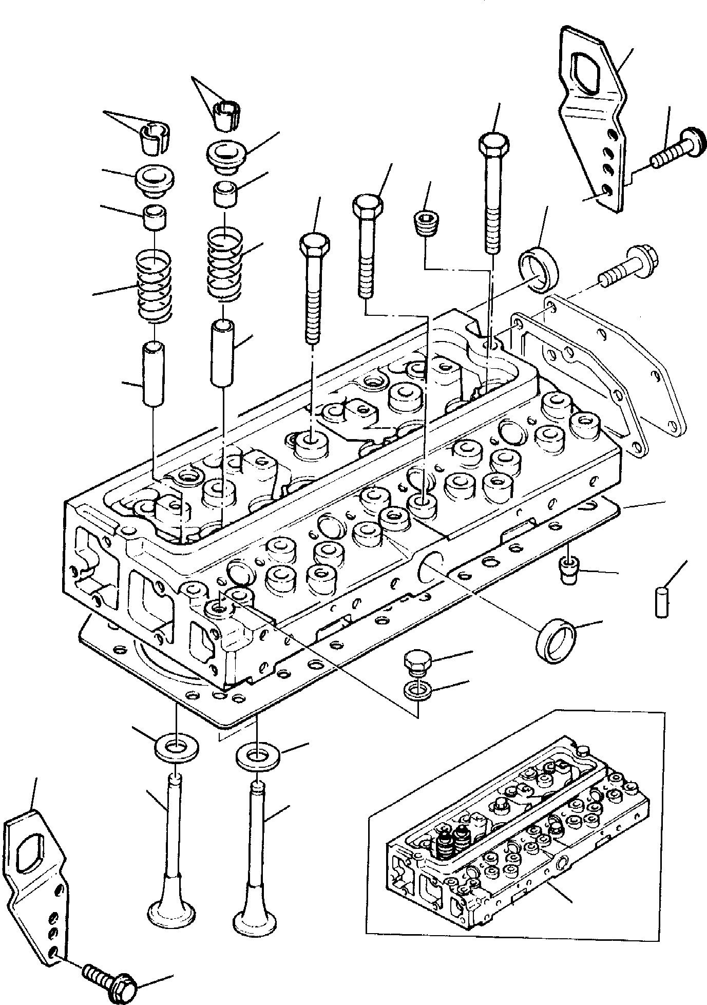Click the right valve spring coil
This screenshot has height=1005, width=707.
224,265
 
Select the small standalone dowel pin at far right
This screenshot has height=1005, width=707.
661,602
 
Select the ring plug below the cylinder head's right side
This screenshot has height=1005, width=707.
557,641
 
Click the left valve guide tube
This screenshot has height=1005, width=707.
154,375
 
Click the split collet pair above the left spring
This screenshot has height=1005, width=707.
152,138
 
